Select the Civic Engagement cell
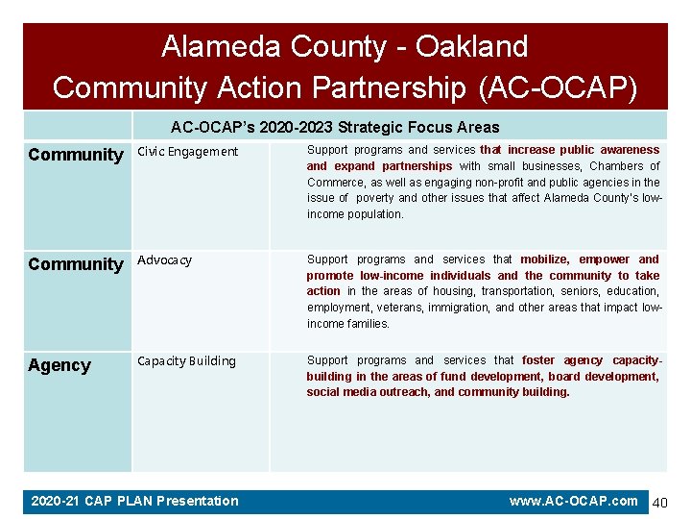pos(188,151)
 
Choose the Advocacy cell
pos(165,260)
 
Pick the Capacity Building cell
pos(186,361)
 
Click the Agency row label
pos(60,365)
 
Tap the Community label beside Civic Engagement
pos(76,155)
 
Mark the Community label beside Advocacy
pos(76,264)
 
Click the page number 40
pos(660,503)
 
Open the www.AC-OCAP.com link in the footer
pos(573,501)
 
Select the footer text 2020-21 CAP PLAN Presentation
pos(134,501)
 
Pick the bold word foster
pos(538,360)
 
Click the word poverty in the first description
pos(375,198)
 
